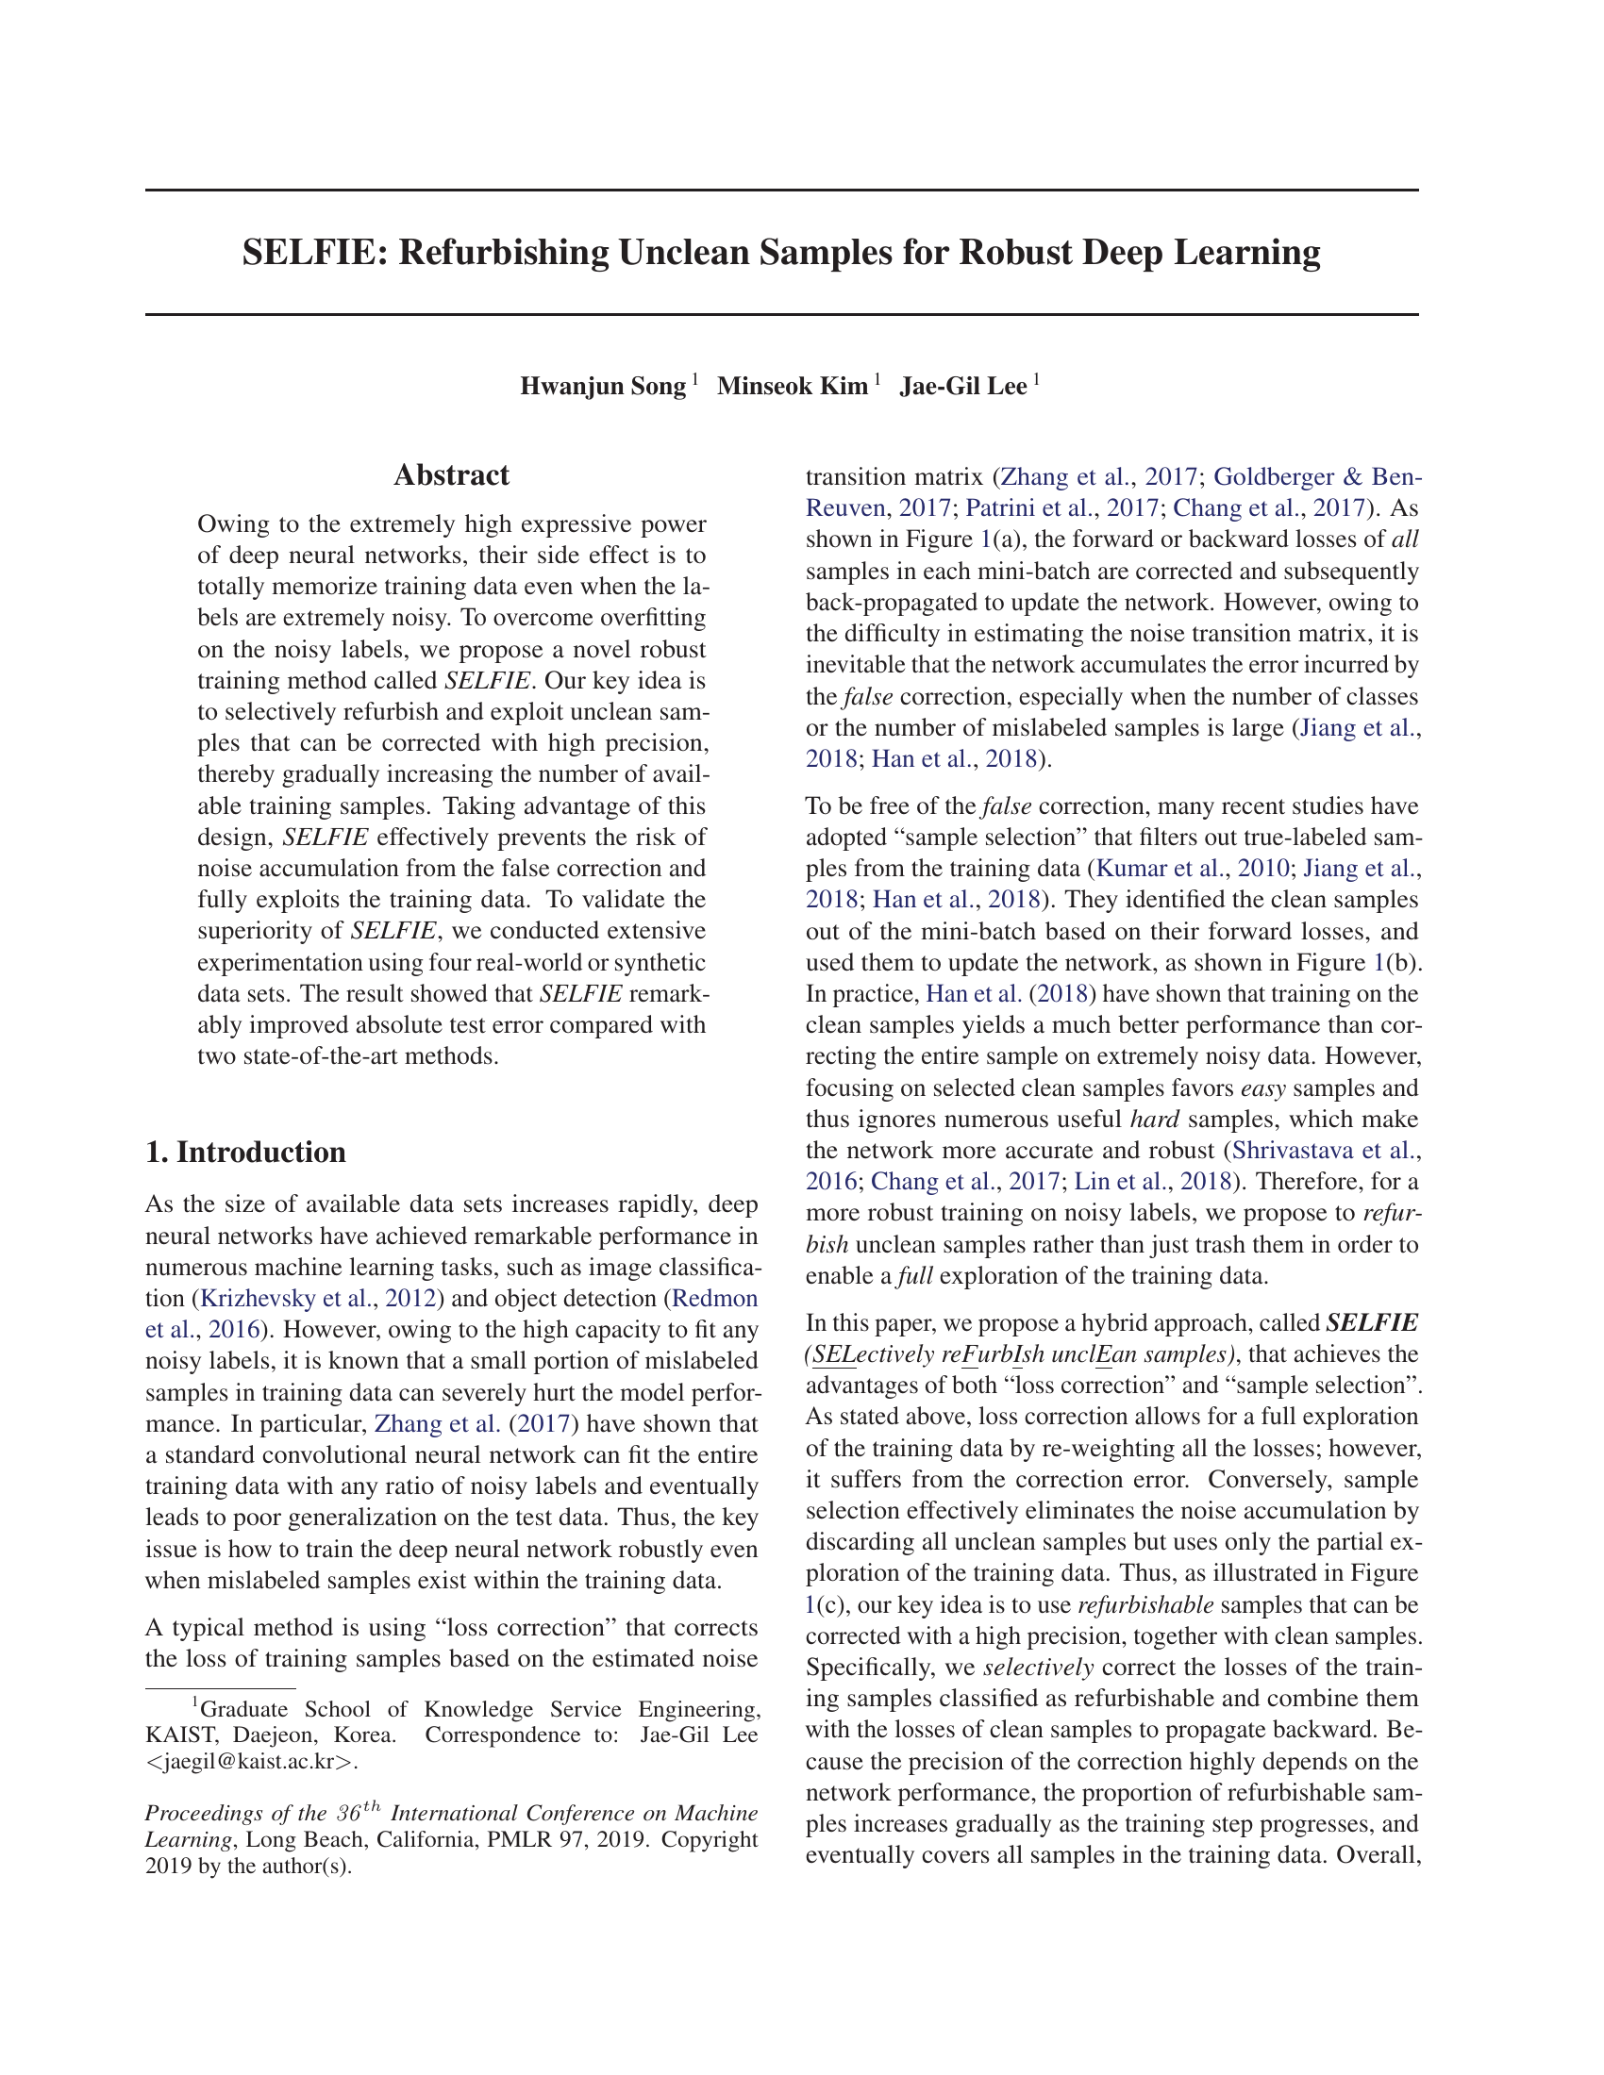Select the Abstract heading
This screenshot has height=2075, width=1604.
pyautogui.click(x=451, y=475)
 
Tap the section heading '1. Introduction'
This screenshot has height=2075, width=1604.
pyautogui.click(x=245, y=1152)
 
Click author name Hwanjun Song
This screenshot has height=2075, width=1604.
pyautogui.click(x=603, y=387)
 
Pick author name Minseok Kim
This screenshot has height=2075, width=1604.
pyautogui.click(x=792, y=387)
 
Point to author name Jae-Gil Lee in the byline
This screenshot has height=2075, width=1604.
pyautogui.click(x=962, y=387)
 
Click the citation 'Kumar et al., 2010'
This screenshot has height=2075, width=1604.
pyautogui.click(x=1193, y=869)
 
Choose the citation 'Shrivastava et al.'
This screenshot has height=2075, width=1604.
pyautogui.click(x=1321, y=1151)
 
